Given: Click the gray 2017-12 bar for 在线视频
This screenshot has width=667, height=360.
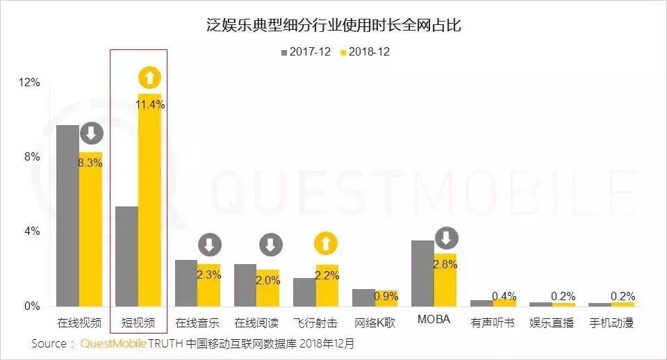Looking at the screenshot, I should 67,215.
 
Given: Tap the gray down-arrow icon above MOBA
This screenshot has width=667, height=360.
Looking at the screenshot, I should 446,238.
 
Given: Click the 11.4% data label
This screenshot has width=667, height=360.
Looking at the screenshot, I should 151,105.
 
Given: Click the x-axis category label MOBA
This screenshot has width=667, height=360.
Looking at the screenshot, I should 434,320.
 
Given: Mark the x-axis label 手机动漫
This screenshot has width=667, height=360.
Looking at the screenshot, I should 611,323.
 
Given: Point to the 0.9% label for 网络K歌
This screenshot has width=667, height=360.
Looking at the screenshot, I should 386,296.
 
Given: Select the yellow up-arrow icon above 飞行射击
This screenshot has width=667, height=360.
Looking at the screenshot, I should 327,244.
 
